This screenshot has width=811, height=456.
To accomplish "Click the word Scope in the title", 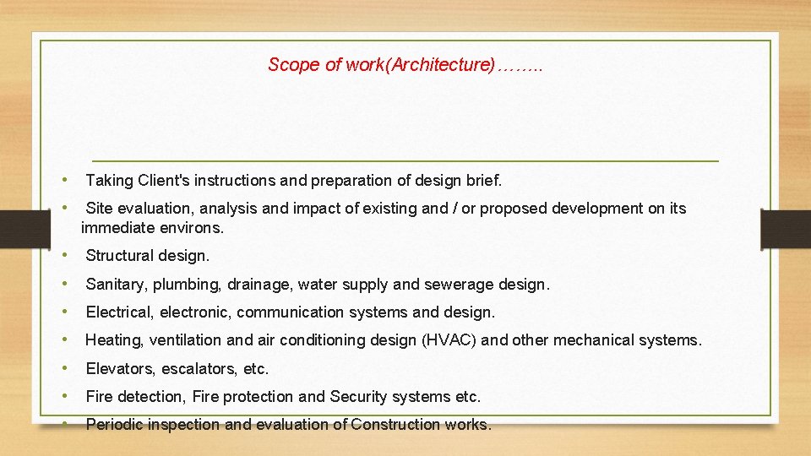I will point(294,65).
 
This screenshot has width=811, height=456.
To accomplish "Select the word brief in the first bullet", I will point(482,180).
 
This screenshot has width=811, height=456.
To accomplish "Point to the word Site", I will point(99,209).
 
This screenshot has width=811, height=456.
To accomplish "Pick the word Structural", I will point(120,256).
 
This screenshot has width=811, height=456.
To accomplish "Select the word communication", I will point(283,312).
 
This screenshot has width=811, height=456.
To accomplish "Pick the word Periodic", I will point(116,425).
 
